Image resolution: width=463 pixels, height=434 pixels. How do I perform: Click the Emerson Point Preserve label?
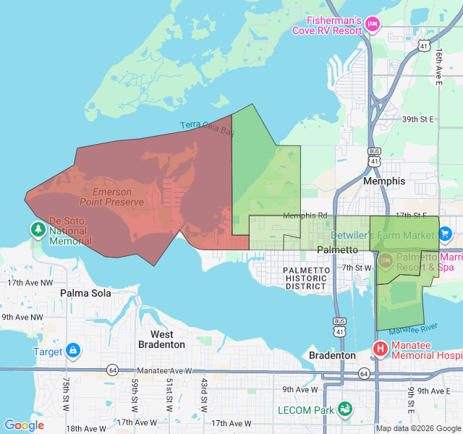click(111, 197)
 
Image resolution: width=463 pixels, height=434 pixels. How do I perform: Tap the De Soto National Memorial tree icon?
click(38, 229)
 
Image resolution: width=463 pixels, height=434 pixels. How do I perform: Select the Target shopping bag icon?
click(73, 351)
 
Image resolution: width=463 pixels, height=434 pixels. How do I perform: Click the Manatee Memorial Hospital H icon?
click(380, 349)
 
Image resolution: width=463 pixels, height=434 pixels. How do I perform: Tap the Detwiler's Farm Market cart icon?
click(445, 234)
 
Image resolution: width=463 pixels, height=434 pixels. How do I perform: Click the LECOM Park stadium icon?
click(345, 409)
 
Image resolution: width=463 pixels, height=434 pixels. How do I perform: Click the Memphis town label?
click(385, 181)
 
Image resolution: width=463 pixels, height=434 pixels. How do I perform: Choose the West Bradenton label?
click(161, 339)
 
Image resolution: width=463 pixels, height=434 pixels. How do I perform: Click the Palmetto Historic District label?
click(306, 278)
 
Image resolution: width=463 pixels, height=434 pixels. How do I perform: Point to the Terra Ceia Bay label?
click(208, 128)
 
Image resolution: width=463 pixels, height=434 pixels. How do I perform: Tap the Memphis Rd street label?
click(305, 216)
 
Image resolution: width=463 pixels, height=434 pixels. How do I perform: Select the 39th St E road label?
click(417, 119)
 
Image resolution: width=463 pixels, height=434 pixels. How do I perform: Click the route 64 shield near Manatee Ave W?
click(113, 370)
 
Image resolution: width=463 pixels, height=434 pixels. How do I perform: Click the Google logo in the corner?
click(24, 425)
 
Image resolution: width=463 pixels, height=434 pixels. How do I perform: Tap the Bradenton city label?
click(332, 356)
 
